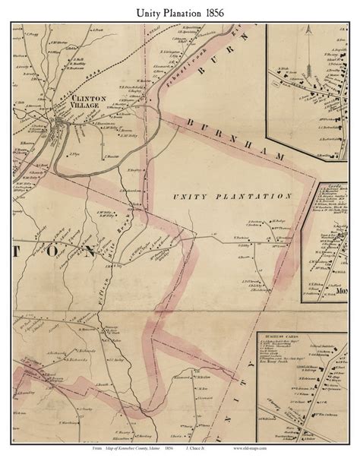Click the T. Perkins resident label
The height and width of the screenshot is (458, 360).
(x=242, y=238)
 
